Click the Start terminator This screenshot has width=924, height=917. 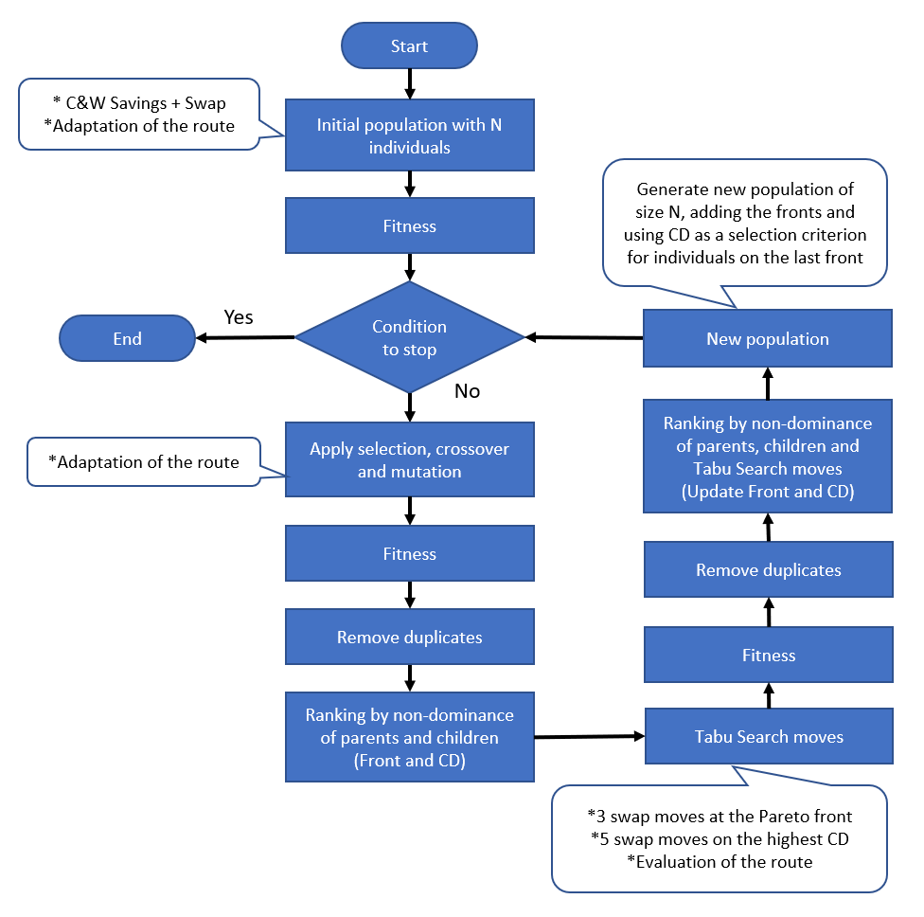click(409, 46)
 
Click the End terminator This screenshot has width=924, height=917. click(127, 339)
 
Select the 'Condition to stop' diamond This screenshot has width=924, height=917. click(409, 337)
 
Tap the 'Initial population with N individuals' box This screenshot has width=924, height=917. click(409, 135)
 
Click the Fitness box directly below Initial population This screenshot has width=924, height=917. click(409, 226)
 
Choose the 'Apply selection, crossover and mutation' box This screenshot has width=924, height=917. click(409, 459)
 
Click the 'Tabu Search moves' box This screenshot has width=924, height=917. click(768, 737)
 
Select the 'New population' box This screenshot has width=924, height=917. click(768, 339)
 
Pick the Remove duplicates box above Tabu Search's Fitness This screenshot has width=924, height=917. click(768, 570)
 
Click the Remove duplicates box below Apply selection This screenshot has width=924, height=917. click(409, 638)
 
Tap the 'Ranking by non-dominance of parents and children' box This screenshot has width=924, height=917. click(409, 737)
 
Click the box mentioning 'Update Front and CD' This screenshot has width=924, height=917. click(768, 456)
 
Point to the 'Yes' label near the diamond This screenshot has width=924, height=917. click(238, 316)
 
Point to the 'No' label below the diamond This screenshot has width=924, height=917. click(467, 390)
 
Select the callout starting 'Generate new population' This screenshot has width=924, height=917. click(744, 223)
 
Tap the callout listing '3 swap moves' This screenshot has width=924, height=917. click(719, 838)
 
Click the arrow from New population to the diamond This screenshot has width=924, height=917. click(584, 338)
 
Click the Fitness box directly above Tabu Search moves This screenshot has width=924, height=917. click(768, 656)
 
